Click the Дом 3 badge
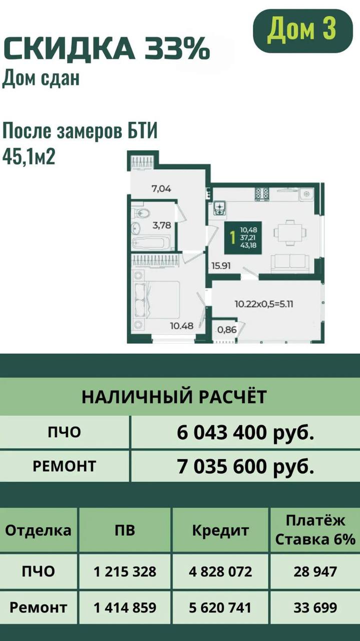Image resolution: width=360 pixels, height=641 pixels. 303,31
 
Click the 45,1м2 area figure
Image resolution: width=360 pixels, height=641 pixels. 29,157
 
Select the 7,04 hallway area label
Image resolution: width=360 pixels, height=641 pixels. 161,189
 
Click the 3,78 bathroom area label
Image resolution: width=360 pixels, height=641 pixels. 162,225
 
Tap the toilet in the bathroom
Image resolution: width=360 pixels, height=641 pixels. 142,213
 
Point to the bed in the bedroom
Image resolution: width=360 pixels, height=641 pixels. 157,299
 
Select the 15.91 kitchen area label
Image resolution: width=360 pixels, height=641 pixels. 221,266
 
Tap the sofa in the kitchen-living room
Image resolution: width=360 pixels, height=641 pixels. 290,263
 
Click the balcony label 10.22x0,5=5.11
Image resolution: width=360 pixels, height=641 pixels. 264,303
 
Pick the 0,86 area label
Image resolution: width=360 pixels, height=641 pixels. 227,330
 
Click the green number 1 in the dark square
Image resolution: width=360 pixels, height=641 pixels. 233,237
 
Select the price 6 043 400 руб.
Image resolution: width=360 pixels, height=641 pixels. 245,432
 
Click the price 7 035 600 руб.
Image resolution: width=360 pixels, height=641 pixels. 245,466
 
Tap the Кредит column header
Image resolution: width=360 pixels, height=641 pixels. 220,530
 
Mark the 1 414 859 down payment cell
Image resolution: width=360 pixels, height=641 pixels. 125,608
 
